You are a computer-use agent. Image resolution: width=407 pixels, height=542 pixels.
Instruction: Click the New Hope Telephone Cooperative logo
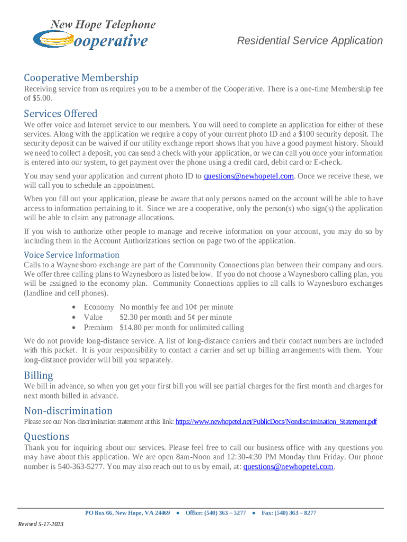[94, 34]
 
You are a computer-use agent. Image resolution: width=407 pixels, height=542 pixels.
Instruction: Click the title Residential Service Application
[309, 41]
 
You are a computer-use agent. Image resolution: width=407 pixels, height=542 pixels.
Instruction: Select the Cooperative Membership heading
[81, 78]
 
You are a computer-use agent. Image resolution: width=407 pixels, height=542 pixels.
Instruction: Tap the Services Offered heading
[60, 113]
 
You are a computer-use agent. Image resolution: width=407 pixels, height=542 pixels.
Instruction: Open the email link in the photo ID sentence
[248, 176]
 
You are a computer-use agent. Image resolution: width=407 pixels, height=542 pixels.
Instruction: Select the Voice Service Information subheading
[71, 254]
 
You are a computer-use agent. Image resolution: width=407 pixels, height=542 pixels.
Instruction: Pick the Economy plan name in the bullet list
[98, 307]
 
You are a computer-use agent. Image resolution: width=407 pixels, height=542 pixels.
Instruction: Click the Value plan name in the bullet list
[94, 317]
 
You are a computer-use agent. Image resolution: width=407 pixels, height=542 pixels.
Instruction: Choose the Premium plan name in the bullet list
[98, 328]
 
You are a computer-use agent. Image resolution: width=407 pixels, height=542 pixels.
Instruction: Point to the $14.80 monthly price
[131, 328]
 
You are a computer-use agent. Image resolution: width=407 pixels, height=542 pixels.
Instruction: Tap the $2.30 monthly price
[129, 317]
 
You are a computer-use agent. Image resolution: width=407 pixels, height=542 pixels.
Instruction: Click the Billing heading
[39, 375]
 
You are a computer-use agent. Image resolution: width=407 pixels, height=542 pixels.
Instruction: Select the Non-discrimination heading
[68, 411]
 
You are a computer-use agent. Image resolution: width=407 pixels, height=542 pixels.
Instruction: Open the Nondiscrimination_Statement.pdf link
[275, 422]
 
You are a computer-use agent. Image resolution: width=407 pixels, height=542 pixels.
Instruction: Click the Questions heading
[47, 436]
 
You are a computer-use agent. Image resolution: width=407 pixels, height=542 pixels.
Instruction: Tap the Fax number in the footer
[289, 513]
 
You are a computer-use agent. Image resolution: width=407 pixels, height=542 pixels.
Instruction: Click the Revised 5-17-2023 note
[41, 524]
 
